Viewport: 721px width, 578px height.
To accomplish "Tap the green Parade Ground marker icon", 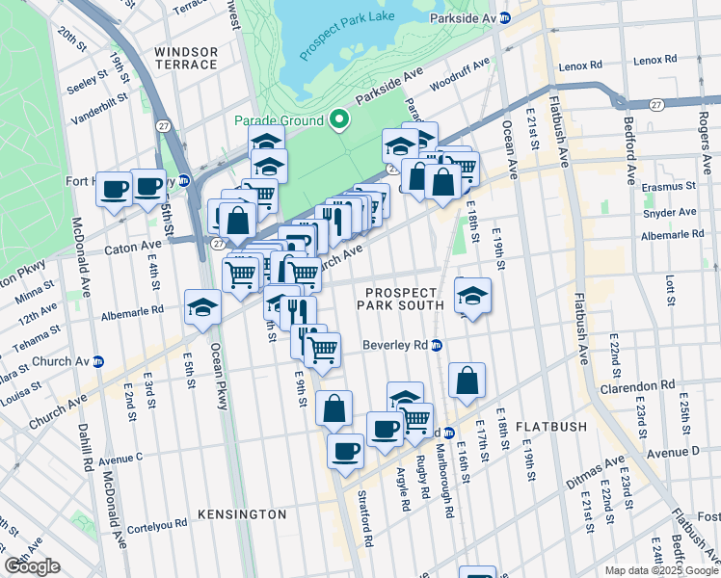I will (x=338, y=120).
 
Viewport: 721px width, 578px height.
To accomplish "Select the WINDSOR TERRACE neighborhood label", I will (x=184, y=57).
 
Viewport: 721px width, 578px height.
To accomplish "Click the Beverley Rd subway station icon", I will (x=436, y=345).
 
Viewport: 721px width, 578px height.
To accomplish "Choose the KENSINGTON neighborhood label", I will (x=241, y=514).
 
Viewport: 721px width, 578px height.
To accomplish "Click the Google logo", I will (x=32, y=566).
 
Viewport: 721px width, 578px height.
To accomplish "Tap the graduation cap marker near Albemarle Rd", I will (x=203, y=307).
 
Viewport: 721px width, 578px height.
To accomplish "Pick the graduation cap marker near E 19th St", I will (x=472, y=296).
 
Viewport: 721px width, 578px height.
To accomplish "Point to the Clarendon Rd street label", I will (x=641, y=386).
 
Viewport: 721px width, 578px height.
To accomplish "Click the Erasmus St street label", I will (x=671, y=186).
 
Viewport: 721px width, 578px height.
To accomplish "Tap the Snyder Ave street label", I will (x=673, y=212).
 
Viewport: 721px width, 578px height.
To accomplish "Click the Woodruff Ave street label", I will (x=460, y=74).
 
